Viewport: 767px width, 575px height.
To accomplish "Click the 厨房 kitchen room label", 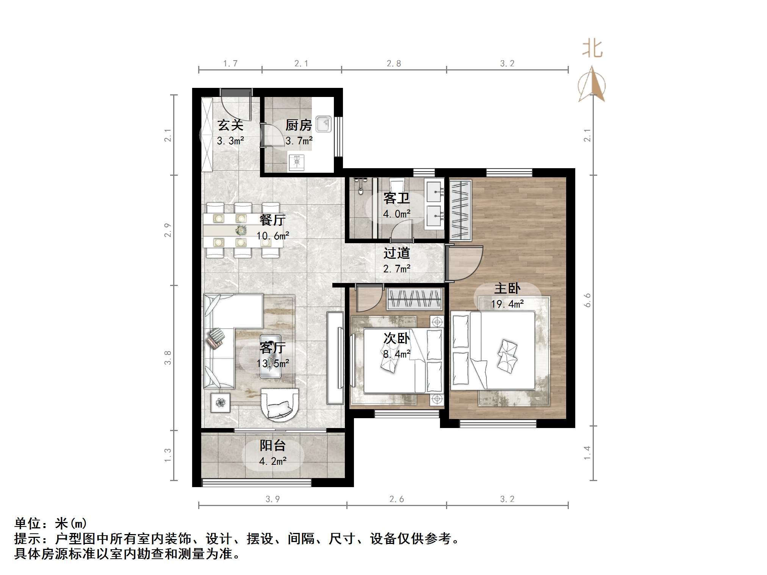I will pyautogui.click(x=298, y=125).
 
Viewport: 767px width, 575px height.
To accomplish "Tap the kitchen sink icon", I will pyautogui.click(x=323, y=124).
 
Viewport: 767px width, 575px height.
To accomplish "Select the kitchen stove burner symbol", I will pyautogui.click(x=297, y=162).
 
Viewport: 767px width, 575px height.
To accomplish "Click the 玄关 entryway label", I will pyautogui.click(x=230, y=125).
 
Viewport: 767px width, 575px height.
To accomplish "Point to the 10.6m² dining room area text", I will pyautogui.click(x=272, y=236).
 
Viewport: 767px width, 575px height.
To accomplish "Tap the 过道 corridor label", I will pyautogui.click(x=396, y=253).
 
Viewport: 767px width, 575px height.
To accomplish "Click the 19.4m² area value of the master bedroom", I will pyautogui.click(x=507, y=304).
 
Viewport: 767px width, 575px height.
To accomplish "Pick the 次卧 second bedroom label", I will pyautogui.click(x=396, y=338).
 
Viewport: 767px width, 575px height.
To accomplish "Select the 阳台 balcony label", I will pyautogui.click(x=272, y=445).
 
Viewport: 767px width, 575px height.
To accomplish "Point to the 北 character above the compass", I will pyautogui.click(x=592, y=49).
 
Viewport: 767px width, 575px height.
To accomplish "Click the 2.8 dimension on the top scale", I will pyautogui.click(x=394, y=64).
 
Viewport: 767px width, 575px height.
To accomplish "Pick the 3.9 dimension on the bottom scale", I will pyautogui.click(x=272, y=499).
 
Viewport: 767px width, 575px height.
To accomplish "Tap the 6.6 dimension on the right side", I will pyautogui.click(x=587, y=300).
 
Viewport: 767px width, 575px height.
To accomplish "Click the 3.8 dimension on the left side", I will pyautogui.click(x=167, y=358).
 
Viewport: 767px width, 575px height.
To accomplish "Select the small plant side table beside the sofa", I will pyautogui.click(x=220, y=403).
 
